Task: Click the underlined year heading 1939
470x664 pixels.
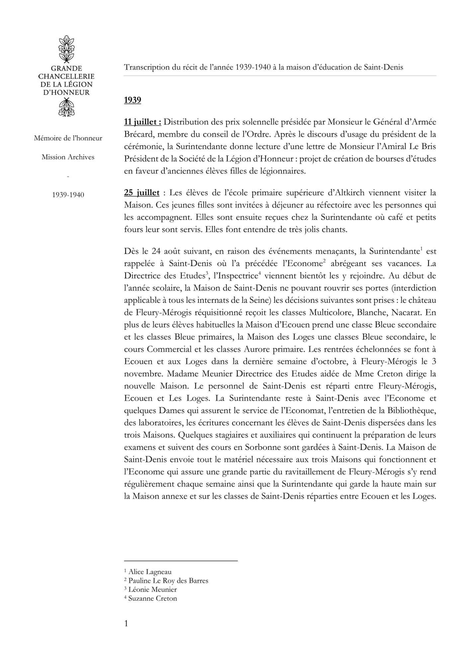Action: click(133, 100)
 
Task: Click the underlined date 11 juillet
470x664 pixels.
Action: click(142, 122)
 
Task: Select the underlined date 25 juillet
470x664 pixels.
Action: click(141, 193)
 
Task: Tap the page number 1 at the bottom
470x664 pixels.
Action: click(126, 623)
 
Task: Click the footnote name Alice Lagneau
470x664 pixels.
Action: click(150, 572)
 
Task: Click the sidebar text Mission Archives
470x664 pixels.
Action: click(68, 157)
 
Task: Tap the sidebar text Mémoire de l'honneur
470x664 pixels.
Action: click(68, 138)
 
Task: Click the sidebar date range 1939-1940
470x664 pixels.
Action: click(68, 195)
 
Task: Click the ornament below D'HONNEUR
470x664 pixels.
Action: click(66, 107)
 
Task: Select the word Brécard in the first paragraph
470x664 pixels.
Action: click(138, 134)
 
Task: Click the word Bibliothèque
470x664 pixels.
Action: click(411, 410)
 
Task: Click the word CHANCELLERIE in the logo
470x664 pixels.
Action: click(66, 76)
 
